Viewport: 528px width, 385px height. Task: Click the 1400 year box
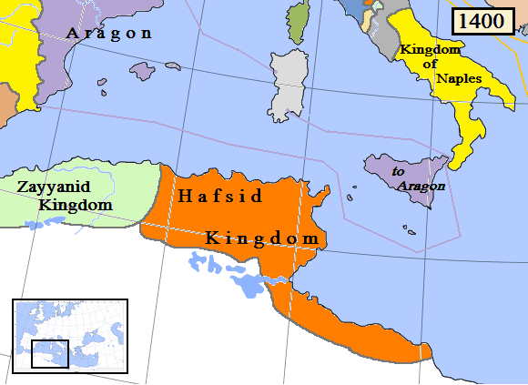(482, 22)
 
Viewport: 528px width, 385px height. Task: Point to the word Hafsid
(219, 196)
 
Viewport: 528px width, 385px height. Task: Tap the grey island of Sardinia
(289, 81)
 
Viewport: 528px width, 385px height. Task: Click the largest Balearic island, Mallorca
(144, 70)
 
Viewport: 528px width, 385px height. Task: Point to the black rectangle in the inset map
(49, 353)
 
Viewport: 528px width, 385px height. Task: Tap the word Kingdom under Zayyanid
(76, 205)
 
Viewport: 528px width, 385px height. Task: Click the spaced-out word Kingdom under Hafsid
(264, 238)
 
